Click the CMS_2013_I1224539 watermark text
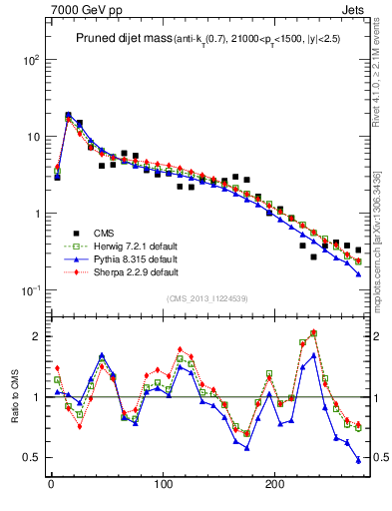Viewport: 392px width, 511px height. pos(208,299)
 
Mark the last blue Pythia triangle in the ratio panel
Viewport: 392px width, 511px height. pos(358,460)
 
